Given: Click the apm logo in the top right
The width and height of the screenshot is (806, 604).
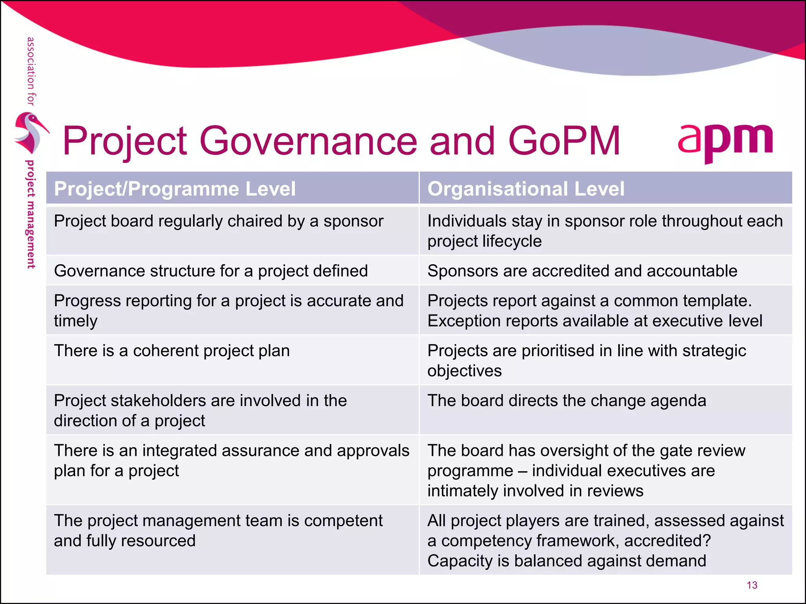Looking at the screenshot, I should [725, 142].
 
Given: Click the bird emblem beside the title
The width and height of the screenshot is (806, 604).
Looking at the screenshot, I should [30, 133].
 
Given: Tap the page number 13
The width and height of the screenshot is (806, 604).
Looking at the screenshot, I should [752, 585].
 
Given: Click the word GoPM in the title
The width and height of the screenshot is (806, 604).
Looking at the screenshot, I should [564, 141].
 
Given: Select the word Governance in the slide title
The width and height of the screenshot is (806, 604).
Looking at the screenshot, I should [308, 141].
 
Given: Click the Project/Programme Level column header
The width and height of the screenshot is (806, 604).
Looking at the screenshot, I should [175, 189].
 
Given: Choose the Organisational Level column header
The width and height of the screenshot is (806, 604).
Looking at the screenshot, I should [526, 189].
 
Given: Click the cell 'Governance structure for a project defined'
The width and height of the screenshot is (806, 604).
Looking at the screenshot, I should [211, 271].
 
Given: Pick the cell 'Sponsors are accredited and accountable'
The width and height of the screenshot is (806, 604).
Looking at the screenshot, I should [582, 271].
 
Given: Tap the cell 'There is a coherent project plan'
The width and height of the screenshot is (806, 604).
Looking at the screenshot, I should [172, 351].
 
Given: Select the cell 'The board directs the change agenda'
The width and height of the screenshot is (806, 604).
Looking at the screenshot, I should [567, 401].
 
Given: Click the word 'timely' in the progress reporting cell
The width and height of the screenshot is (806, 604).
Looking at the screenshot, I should [76, 321].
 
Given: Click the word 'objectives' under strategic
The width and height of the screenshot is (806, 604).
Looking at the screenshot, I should [464, 371].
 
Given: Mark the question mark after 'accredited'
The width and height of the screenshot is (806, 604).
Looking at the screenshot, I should [706, 541].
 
